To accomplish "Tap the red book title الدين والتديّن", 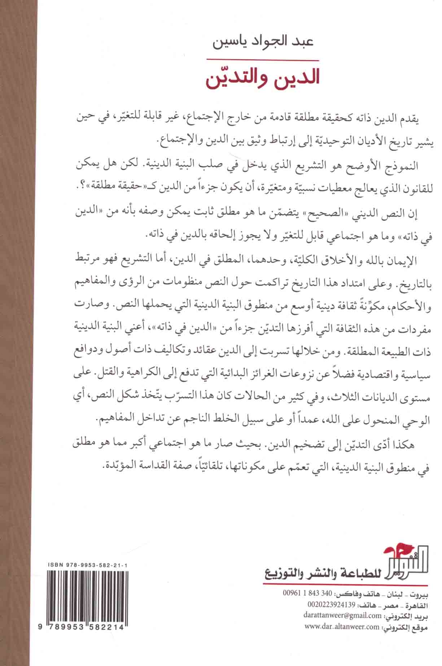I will pos(263,79).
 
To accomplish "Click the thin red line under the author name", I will pos(263,60).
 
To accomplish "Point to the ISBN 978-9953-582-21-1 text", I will pos(86,553).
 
